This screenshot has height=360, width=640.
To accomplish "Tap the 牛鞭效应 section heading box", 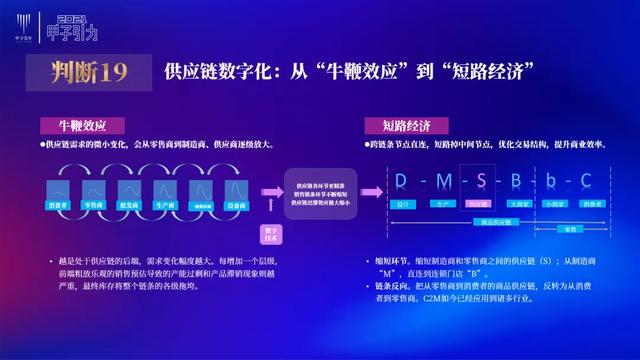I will tap(82, 127).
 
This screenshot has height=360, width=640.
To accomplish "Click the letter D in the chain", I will tap(401, 180).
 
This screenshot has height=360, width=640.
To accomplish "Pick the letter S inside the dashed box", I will tap(479, 180).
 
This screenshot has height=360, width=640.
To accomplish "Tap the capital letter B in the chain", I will tap(517, 180).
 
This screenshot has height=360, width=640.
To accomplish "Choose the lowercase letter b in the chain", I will tap(552, 180).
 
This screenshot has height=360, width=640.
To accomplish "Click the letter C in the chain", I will tap(587, 180).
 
